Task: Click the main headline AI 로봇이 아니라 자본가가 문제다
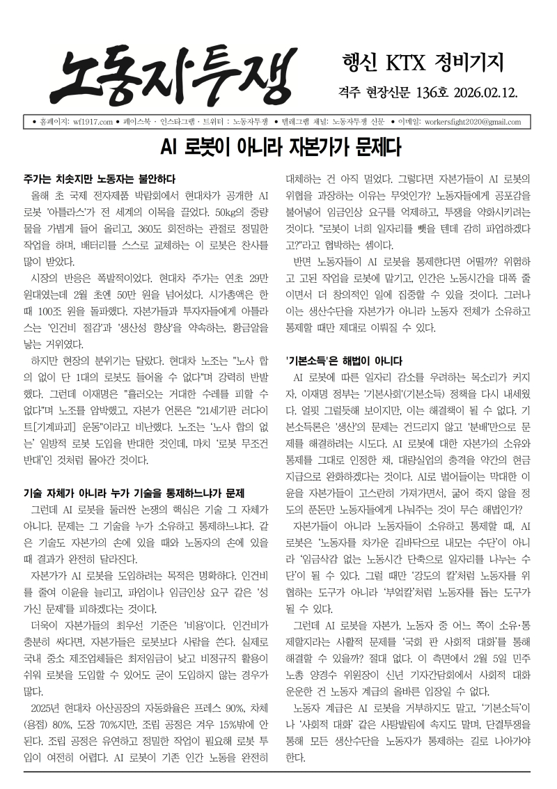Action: tap(278, 148)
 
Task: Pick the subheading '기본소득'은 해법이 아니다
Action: tap(344, 361)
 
